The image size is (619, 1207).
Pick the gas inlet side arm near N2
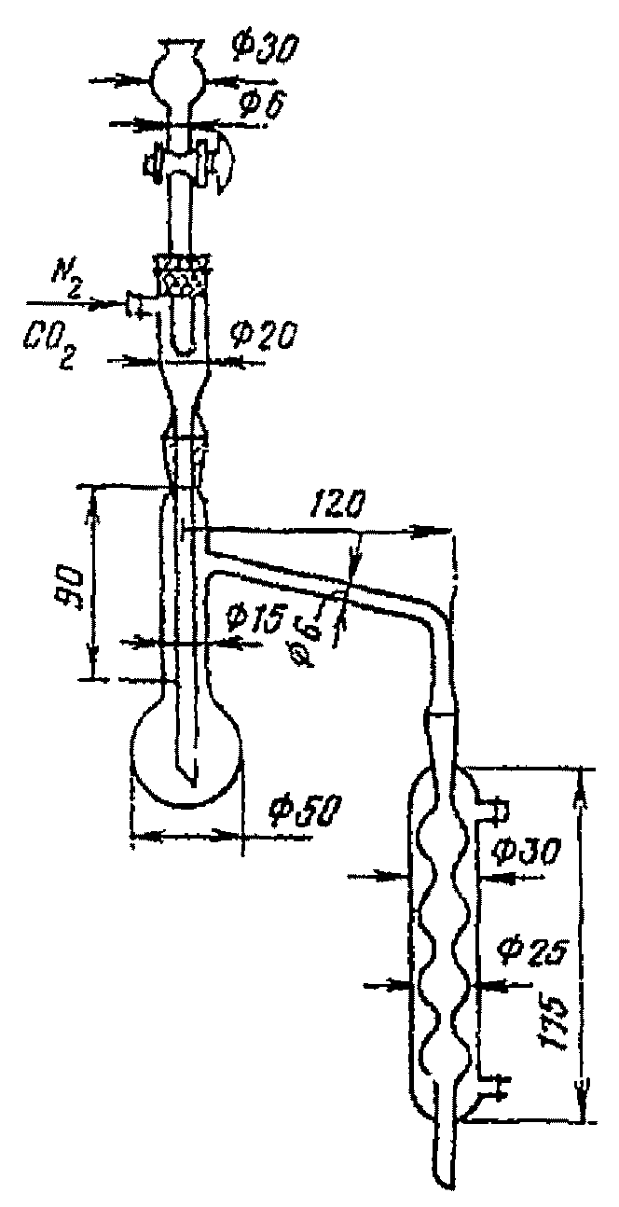pos(138,304)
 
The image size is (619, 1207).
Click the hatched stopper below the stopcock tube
pos(186,274)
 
